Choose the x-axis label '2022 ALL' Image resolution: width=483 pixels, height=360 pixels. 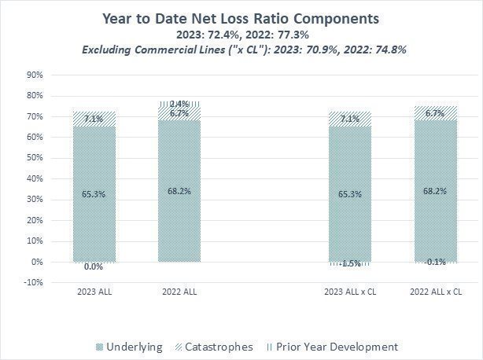[178, 292]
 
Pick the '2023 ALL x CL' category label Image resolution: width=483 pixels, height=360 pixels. [348, 292]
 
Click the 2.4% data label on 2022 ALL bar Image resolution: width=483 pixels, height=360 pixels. [179, 104]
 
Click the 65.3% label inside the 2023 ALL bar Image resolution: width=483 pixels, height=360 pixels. [94, 193]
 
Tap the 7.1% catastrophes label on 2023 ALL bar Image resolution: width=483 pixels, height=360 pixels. [94, 119]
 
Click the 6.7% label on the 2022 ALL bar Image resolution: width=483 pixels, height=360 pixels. [179, 113]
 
